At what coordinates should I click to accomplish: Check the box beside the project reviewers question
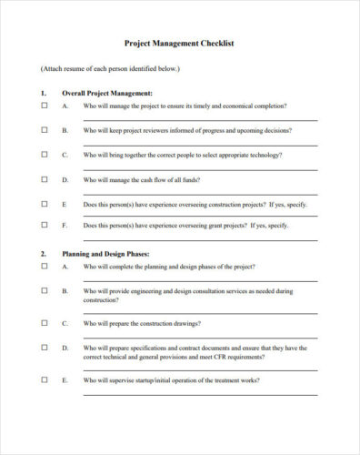tap(45, 130)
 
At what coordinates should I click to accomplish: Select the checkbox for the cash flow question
tap(45, 179)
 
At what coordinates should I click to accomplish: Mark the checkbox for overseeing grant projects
tap(45, 225)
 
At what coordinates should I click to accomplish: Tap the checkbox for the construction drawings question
tap(45, 323)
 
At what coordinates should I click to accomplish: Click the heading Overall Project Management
tap(106, 93)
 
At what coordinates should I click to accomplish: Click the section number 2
tap(43, 253)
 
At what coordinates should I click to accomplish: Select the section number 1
tap(43, 93)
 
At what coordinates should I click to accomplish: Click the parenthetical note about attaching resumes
tap(110, 68)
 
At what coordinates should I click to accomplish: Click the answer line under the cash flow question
tap(200, 192)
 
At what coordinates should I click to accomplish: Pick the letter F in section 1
tap(65, 225)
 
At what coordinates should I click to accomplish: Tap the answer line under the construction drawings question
tap(200, 336)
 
